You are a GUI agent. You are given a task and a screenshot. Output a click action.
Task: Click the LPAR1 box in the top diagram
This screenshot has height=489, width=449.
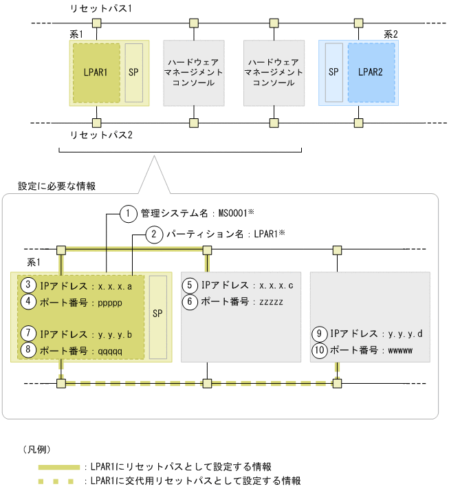coord(96,72)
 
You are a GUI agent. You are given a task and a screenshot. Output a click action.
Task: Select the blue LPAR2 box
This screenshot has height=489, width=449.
coord(371,72)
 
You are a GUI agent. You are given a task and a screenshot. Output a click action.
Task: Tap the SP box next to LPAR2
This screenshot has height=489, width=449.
coord(333,72)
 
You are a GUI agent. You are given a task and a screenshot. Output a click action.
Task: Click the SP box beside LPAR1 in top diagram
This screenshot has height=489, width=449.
coord(133,72)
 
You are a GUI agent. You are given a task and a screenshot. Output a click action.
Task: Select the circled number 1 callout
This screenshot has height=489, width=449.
coord(127,213)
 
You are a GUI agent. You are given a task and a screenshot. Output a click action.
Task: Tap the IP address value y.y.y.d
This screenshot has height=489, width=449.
coord(406,334)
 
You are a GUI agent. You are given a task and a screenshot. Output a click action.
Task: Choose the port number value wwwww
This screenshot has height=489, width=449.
coord(401,350)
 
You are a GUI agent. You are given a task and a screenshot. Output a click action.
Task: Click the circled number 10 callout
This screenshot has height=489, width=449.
coord(320,350)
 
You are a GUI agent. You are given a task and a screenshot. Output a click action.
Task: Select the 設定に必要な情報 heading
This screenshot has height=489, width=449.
coord(56,186)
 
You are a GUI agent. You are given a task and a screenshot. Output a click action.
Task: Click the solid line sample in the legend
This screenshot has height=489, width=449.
coord(58,467)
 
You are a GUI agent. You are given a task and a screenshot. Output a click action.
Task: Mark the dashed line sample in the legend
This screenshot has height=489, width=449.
coord(58,481)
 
